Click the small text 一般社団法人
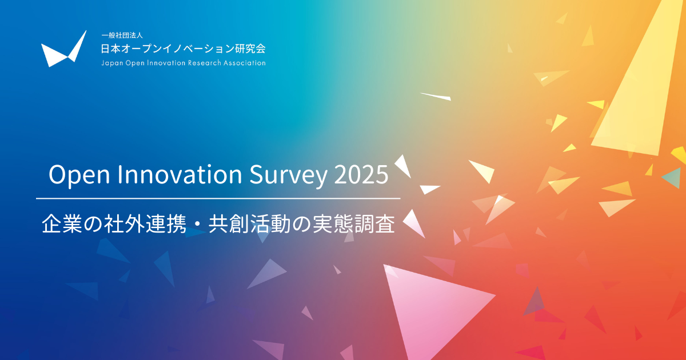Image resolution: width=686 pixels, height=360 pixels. tap(122, 35)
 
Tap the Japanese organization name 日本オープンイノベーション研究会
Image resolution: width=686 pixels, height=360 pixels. tap(183, 49)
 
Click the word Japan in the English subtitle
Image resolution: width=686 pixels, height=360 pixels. tap(112, 63)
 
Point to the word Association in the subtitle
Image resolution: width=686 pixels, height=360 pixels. tap(245, 63)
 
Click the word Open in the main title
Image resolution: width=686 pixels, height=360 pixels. tap(79, 175)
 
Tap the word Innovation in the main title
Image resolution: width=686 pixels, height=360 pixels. tap(180, 174)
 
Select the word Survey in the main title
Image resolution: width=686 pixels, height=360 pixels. tap(288, 175)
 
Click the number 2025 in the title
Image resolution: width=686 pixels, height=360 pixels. tap(361, 174)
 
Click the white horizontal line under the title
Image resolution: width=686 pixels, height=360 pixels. tap(218, 198)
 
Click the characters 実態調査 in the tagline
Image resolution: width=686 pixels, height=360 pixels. tap(354, 225)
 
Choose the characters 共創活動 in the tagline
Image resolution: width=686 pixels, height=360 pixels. tap(250, 225)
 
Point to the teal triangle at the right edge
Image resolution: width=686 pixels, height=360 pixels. tap(672, 178)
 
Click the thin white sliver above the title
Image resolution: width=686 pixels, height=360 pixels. tap(436, 97)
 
